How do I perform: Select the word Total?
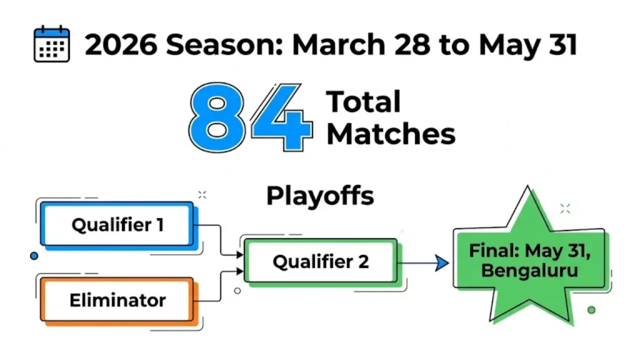[x=364, y=102]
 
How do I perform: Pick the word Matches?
[x=391, y=134]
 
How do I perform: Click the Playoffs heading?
[x=320, y=196]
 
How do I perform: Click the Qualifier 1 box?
[x=117, y=224]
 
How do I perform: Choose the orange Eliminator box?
[x=117, y=300]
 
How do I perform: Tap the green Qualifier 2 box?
[x=320, y=261]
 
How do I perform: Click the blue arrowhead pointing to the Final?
[x=442, y=263]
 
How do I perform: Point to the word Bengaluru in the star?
[x=529, y=272]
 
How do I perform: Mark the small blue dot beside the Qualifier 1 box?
[x=34, y=256]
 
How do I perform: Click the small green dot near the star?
[x=591, y=309]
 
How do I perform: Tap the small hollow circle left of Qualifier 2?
[x=237, y=291]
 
